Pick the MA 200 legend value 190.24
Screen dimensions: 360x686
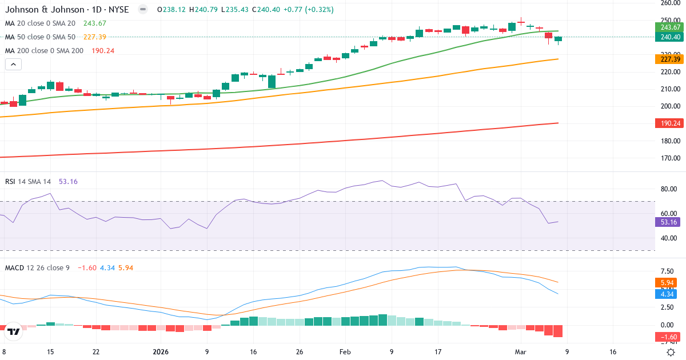(x=103, y=51)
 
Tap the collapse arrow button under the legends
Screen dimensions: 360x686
(x=13, y=65)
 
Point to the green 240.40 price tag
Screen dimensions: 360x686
(x=669, y=37)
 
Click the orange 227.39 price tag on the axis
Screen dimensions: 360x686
(x=669, y=59)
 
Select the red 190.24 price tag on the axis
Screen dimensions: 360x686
(x=669, y=123)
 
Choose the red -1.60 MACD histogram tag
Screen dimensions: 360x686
(x=669, y=337)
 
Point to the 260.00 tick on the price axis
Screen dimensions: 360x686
(x=669, y=3)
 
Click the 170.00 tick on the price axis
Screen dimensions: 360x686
(x=669, y=158)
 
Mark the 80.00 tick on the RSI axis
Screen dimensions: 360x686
(x=669, y=189)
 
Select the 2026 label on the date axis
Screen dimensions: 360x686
(x=161, y=352)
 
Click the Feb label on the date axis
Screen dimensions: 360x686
(x=345, y=352)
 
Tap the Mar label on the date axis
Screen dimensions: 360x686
(x=520, y=352)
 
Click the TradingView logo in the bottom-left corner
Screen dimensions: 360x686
(x=14, y=331)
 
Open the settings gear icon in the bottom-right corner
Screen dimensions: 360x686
(x=672, y=352)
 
